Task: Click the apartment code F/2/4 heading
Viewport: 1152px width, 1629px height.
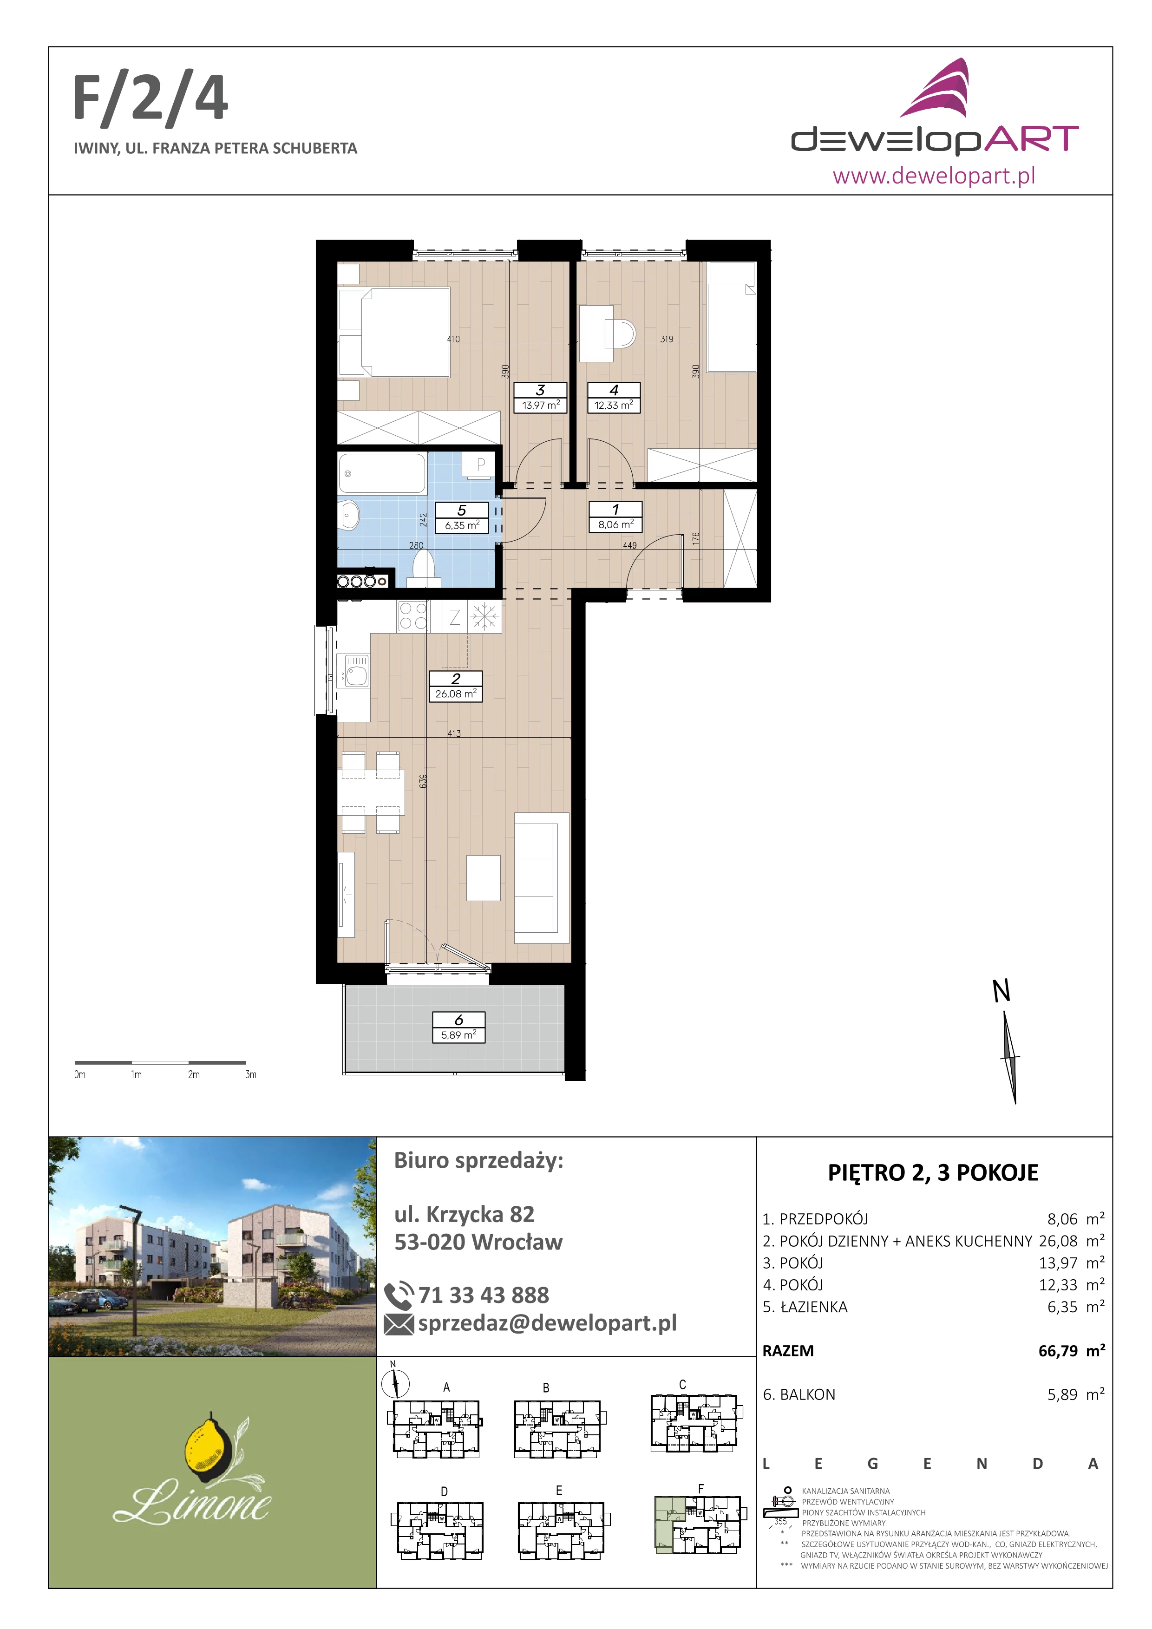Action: click(151, 99)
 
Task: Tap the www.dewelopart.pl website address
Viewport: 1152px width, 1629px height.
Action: click(934, 175)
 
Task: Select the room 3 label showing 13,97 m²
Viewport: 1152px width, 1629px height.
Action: click(541, 398)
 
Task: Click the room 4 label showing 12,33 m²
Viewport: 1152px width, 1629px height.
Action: click(614, 398)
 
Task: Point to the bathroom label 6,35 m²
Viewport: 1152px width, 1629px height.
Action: click(462, 518)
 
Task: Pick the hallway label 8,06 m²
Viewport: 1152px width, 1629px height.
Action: click(615, 517)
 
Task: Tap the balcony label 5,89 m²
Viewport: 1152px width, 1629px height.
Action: click(458, 1027)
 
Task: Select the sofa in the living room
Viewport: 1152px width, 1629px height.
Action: click(541, 877)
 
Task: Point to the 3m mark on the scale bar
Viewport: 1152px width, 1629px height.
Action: click(250, 1075)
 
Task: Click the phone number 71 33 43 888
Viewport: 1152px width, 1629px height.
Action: click(484, 1295)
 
